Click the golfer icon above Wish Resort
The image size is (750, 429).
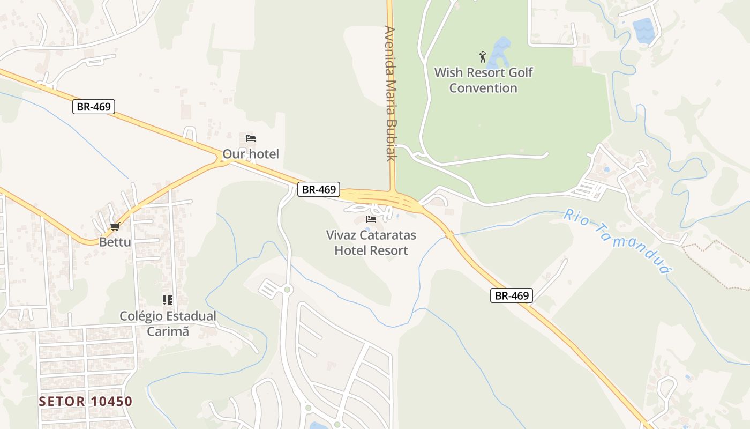point(483,56)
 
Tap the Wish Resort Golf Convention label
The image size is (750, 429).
point(483,80)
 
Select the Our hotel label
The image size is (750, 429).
point(251,154)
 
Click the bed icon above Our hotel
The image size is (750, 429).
point(251,138)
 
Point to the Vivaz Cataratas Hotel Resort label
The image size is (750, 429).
point(371,242)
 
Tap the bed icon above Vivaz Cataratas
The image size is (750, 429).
point(371,219)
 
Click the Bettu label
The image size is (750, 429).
point(115,242)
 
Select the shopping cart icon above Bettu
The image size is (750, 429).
point(115,227)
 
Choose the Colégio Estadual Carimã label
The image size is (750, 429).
point(168,323)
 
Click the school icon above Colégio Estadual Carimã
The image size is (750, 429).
point(168,300)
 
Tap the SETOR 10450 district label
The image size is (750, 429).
point(86,401)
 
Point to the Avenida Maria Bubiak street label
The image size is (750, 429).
point(391,94)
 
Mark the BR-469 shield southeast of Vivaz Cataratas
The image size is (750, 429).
point(512,295)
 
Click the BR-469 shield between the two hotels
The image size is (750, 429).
point(319,189)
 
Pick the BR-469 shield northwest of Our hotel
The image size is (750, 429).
point(94,107)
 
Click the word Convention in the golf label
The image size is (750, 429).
point(483,88)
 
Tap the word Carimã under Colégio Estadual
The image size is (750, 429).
point(168,331)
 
